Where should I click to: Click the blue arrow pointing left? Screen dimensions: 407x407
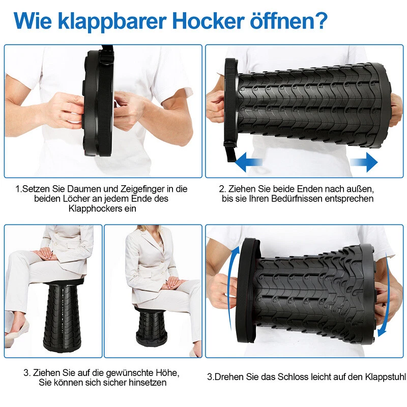(x=249, y=162)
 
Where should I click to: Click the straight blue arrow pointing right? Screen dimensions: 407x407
(x=364, y=162)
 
